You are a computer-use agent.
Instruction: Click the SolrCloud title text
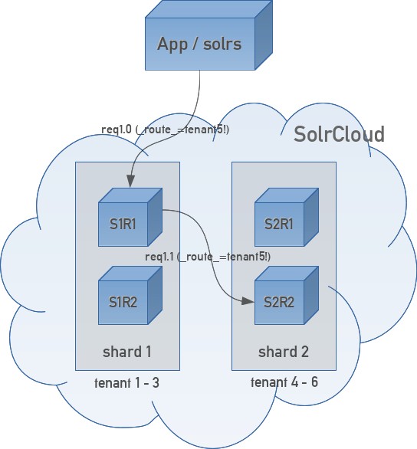(339, 135)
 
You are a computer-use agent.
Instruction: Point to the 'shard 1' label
(127, 352)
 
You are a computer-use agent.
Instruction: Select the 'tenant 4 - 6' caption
(284, 382)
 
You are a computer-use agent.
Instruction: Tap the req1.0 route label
(166, 129)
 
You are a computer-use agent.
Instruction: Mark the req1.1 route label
(207, 256)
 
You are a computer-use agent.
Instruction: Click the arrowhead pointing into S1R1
(131, 182)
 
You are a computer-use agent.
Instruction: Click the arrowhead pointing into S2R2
(250, 302)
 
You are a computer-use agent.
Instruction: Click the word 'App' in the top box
(172, 44)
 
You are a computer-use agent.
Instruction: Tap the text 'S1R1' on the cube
(123, 224)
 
